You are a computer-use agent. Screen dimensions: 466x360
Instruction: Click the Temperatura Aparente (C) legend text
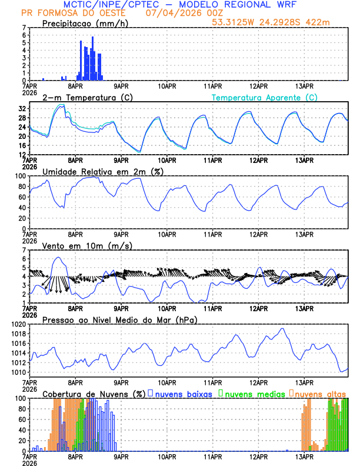264,98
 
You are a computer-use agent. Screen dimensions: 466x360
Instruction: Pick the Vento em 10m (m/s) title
87,245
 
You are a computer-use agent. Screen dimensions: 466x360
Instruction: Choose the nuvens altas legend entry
320,394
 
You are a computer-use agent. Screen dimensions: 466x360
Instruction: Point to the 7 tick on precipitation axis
24,28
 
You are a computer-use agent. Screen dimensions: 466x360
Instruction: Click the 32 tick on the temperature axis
22,109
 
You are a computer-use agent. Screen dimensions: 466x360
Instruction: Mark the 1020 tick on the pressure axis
18,324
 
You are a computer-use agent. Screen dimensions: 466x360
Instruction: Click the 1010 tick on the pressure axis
18,372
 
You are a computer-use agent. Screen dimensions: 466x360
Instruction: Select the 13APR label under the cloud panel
304,456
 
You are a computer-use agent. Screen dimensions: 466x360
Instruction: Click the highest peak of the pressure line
283,328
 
